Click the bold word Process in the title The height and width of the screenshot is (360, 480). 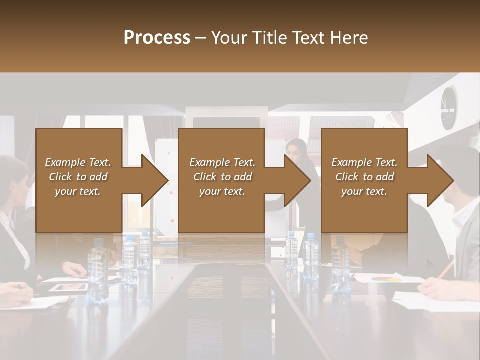[x=157, y=37]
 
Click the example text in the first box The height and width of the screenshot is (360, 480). [x=78, y=177]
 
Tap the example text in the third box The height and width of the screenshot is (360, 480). [x=364, y=177]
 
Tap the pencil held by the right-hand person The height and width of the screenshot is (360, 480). [x=446, y=270]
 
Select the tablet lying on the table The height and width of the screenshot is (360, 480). [x=68, y=287]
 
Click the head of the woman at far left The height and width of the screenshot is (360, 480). [x=12, y=180]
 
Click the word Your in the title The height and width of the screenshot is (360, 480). [x=227, y=37]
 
